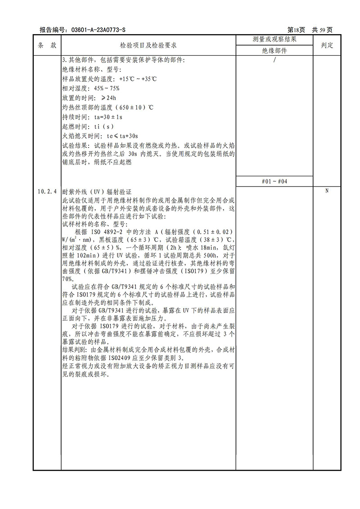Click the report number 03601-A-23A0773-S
[98, 30]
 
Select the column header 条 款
[47, 45]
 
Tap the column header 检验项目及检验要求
[148, 45]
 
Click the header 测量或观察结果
[274, 40]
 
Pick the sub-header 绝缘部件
[274, 51]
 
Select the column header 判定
[327, 45]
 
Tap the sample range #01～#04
[274, 181]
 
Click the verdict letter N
[327, 191]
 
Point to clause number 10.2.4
[47, 192]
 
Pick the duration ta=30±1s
[108, 117]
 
